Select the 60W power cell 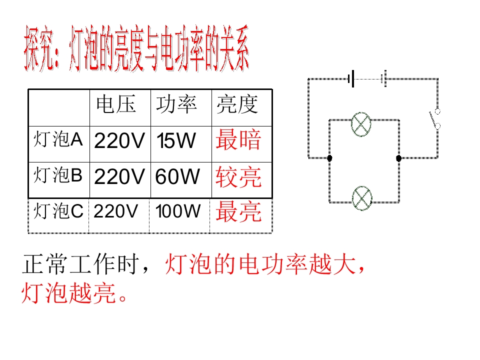click(177, 177)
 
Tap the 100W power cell click(177, 211)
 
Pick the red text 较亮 click(238, 177)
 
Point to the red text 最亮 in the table click(238, 212)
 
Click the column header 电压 click(116, 104)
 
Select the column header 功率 click(176, 104)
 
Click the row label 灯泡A click(58, 139)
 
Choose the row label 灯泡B click(58, 175)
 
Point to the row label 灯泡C click(58, 211)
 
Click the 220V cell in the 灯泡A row click(119, 141)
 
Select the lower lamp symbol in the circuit click(362, 198)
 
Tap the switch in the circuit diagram click(434, 119)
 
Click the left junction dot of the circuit click(329, 158)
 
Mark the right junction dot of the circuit click(398, 158)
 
